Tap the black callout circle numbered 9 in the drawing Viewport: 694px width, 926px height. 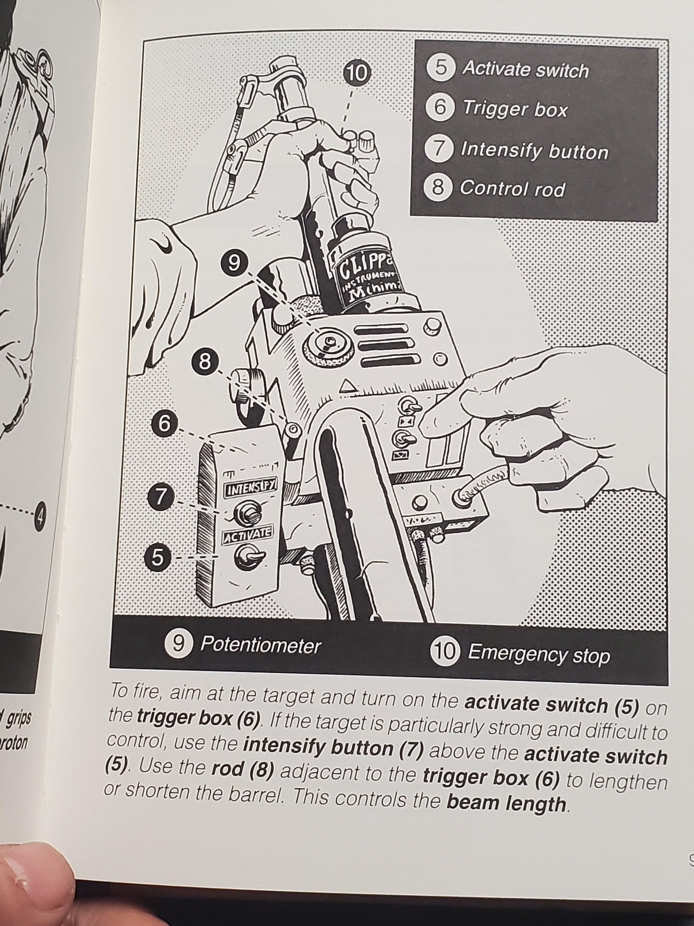(x=234, y=263)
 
